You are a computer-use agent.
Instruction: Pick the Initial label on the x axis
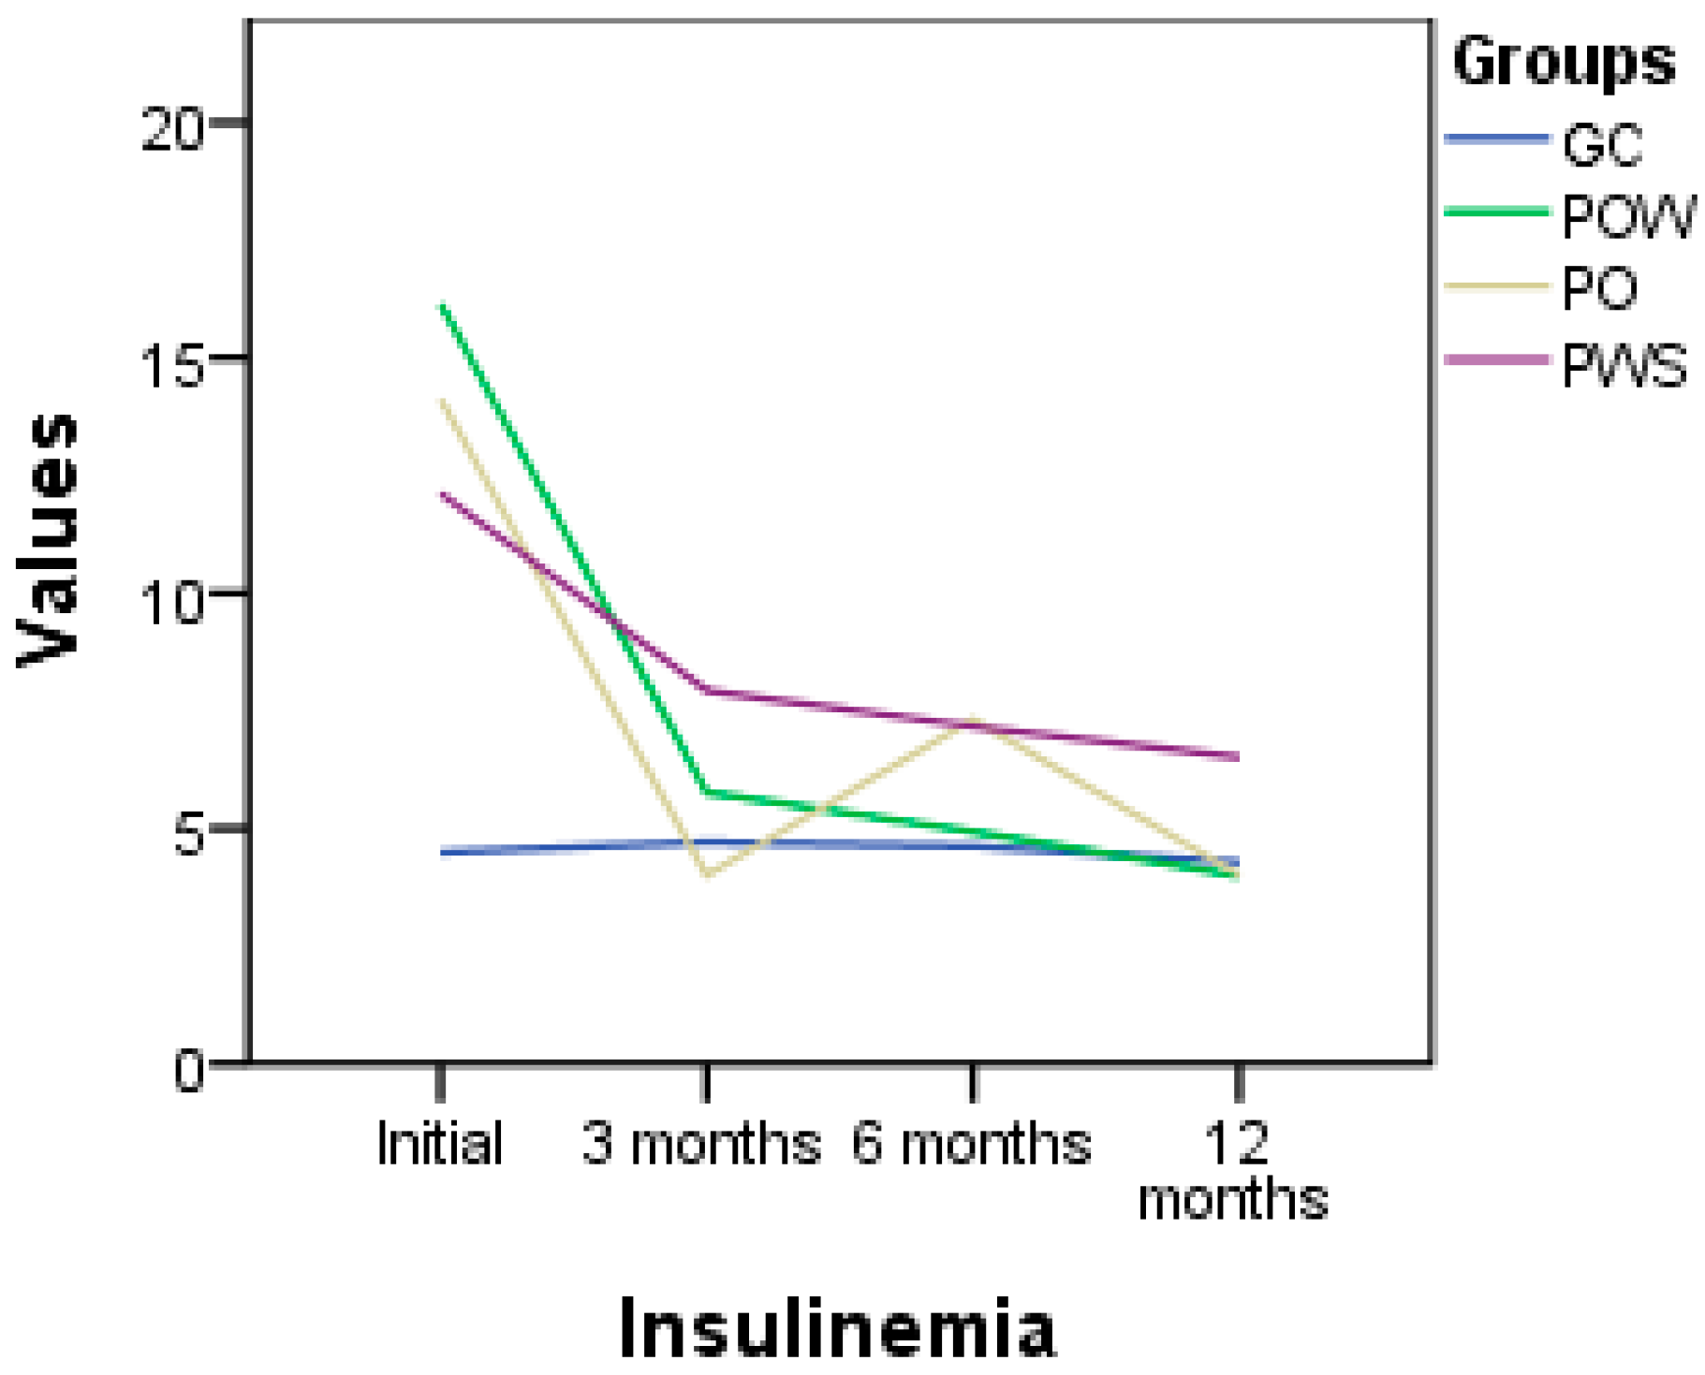439,1143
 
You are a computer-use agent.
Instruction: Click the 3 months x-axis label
700,1143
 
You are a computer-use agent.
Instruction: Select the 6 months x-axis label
971,1143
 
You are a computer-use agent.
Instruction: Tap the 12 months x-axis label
1233,1170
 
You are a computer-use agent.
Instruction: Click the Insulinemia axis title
837,1328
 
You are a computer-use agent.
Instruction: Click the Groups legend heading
1564,62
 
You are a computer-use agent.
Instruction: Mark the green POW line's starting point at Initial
442,305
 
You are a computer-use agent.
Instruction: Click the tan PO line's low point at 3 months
708,875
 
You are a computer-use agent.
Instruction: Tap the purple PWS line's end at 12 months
1238,756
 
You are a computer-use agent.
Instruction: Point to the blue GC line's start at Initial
442,852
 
